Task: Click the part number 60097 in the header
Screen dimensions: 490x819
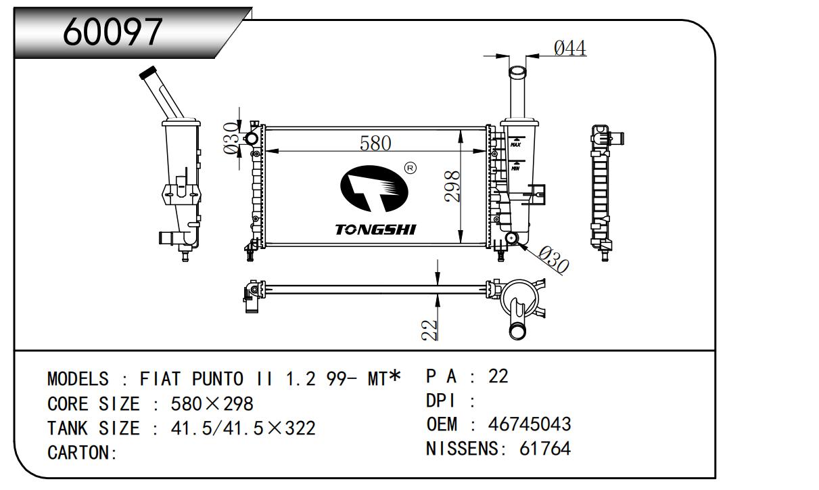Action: [x=113, y=32]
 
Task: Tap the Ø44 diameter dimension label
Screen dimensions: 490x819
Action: [x=569, y=48]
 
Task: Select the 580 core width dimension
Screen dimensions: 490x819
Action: [x=375, y=143]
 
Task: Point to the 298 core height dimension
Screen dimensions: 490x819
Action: [x=452, y=185]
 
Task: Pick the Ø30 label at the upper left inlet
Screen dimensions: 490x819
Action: [x=230, y=138]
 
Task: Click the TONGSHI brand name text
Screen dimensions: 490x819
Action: [x=375, y=230]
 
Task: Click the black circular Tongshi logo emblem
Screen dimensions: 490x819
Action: [x=374, y=190]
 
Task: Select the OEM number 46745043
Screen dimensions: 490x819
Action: [x=530, y=424]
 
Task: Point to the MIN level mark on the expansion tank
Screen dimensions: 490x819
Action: [x=515, y=167]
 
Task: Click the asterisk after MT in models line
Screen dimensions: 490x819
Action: [x=395, y=376]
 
